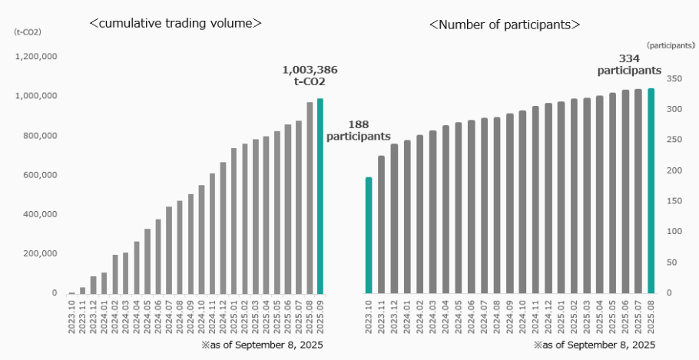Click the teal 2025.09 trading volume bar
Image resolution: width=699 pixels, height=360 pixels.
click(320, 196)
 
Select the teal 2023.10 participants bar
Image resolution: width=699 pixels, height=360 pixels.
click(369, 235)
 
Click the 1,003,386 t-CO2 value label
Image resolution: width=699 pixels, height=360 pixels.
click(310, 75)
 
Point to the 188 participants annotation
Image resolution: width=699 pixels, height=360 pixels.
click(358, 130)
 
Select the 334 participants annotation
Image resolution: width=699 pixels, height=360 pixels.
click(629, 64)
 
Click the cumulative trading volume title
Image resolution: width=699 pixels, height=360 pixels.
click(176, 24)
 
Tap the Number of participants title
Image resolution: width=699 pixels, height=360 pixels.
click(504, 25)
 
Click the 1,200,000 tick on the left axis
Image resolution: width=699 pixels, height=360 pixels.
click(36, 57)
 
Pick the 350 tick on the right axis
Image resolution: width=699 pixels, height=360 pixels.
click(674, 78)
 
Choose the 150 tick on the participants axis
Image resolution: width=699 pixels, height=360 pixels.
click(674, 201)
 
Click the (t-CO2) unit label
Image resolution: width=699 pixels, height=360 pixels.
click(27, 31)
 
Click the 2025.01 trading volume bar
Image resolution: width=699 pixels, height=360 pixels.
click(234, 220)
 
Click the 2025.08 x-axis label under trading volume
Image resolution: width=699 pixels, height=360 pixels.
click(310, 315)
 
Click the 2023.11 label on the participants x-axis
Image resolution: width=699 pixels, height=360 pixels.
click(382, 315)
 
